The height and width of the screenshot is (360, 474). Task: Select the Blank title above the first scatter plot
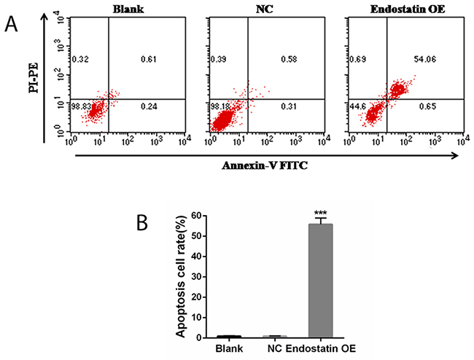point(127,9)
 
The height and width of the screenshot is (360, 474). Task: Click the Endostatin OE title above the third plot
point(400,9)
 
